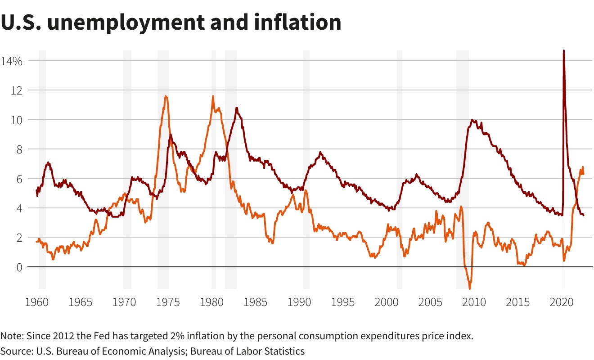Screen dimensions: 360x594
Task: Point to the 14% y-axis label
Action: click(x=12, y=61)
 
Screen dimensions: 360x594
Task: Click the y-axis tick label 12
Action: click(x=16, y=90)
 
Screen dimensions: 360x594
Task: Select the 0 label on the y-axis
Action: click(x=18, y=267)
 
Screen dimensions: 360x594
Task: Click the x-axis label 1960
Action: click(x=37, y=302)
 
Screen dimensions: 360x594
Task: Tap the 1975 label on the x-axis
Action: click(x=168, y=302)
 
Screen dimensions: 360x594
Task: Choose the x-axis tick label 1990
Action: click(x=299, y=302)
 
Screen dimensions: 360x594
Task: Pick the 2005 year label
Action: click(x=430, y=302)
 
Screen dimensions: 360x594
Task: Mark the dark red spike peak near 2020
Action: click(x=564, y=51)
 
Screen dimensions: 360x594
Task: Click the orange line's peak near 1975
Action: click(x=166, y=96)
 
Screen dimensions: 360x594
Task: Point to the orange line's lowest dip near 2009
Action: click(x=470, y=288)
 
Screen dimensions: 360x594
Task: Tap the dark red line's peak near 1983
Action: click(x=237, y=108)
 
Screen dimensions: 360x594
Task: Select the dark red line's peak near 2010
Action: click(x=472, y=120)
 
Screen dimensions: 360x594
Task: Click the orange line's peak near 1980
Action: click(x=213, y=96)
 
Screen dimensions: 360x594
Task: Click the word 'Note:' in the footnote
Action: click(x=12, y=336)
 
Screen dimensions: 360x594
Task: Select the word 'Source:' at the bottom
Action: click(x=16, y=351)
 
